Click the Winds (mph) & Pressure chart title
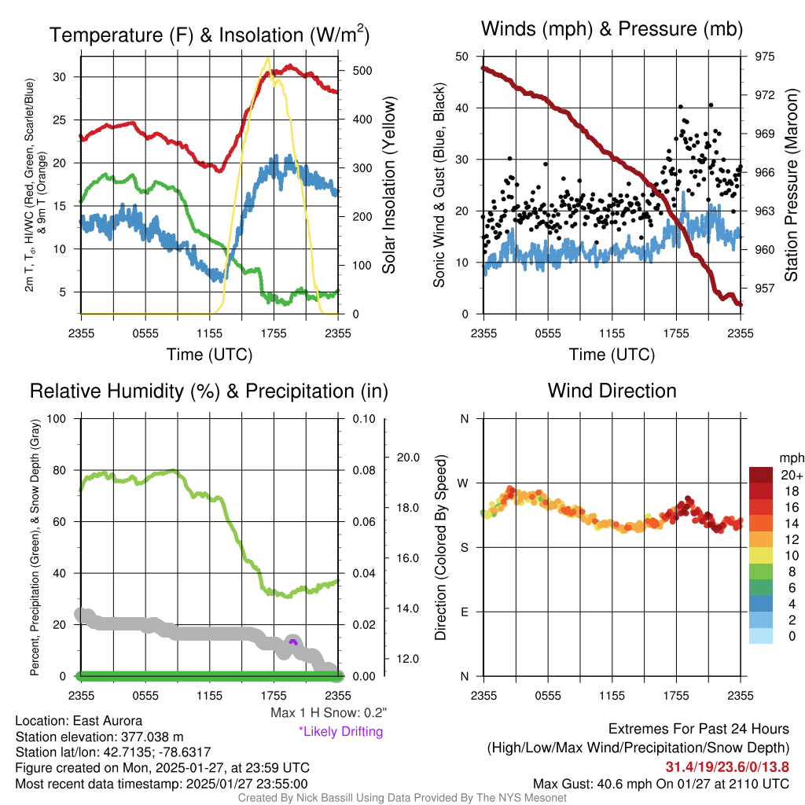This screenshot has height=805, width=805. (612, 30)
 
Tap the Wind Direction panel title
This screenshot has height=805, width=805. (612, 391)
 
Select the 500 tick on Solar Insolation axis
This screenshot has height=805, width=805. (362, 70)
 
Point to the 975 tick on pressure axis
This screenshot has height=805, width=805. (764, 57)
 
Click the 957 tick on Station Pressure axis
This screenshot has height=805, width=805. (764, 288)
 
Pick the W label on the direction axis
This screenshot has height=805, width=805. (464, 483)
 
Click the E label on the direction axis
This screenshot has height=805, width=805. (464, 612)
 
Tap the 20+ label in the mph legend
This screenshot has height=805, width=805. (792, 475)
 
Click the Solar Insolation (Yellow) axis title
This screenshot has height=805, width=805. (389, 186)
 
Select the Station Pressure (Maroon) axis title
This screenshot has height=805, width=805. (792, 186)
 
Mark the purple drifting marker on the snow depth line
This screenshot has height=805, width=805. (293, 642)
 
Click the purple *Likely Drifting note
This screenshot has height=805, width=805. (340, 731)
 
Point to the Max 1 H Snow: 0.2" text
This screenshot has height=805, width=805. (329, 713)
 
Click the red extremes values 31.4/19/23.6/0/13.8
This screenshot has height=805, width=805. (727, 766)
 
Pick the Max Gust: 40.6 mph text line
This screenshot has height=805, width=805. (661, 783)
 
